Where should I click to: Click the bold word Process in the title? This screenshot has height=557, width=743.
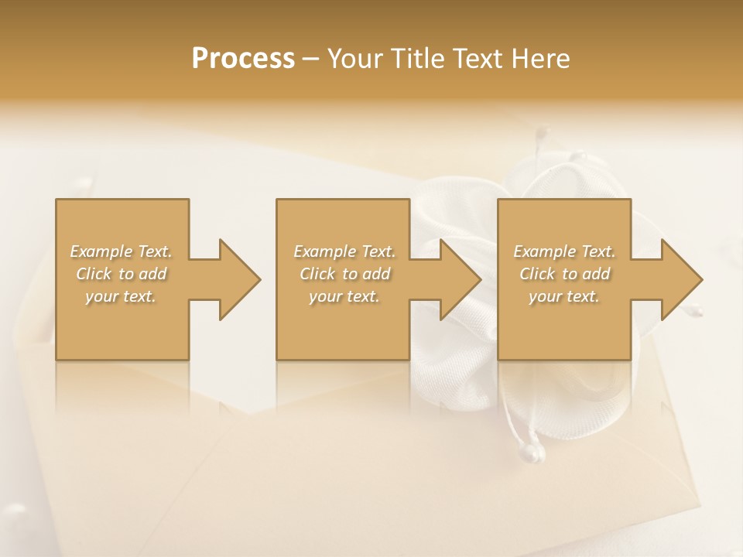point(243,58)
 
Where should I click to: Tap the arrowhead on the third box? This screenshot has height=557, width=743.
point(676,279)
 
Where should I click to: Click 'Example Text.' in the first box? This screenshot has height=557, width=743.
point(122,251)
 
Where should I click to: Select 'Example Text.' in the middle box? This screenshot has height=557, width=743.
point(344,251)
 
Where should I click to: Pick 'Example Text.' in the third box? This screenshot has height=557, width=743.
point(564,251)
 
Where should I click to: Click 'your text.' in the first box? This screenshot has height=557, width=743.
point(122,296)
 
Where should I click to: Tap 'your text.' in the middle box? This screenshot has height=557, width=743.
point(344,296)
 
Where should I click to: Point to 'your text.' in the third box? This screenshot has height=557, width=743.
point(564,296)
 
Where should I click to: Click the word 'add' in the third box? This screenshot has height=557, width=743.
point(596,274)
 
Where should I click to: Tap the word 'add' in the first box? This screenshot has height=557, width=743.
point(153,274)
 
